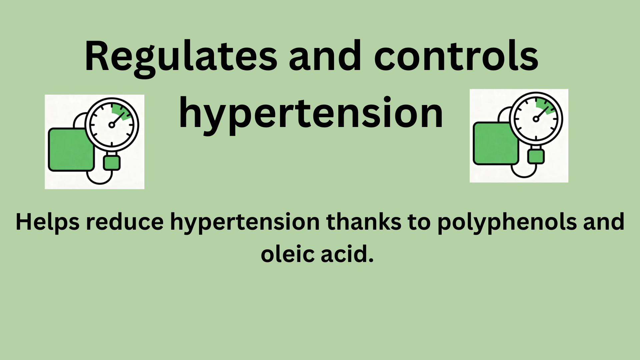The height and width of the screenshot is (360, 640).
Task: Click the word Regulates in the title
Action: point(181,57)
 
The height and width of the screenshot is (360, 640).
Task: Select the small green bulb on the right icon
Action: point(536,156)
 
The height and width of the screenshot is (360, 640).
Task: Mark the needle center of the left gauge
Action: point(112,125)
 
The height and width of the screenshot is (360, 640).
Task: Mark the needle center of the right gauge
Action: point(536,119)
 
